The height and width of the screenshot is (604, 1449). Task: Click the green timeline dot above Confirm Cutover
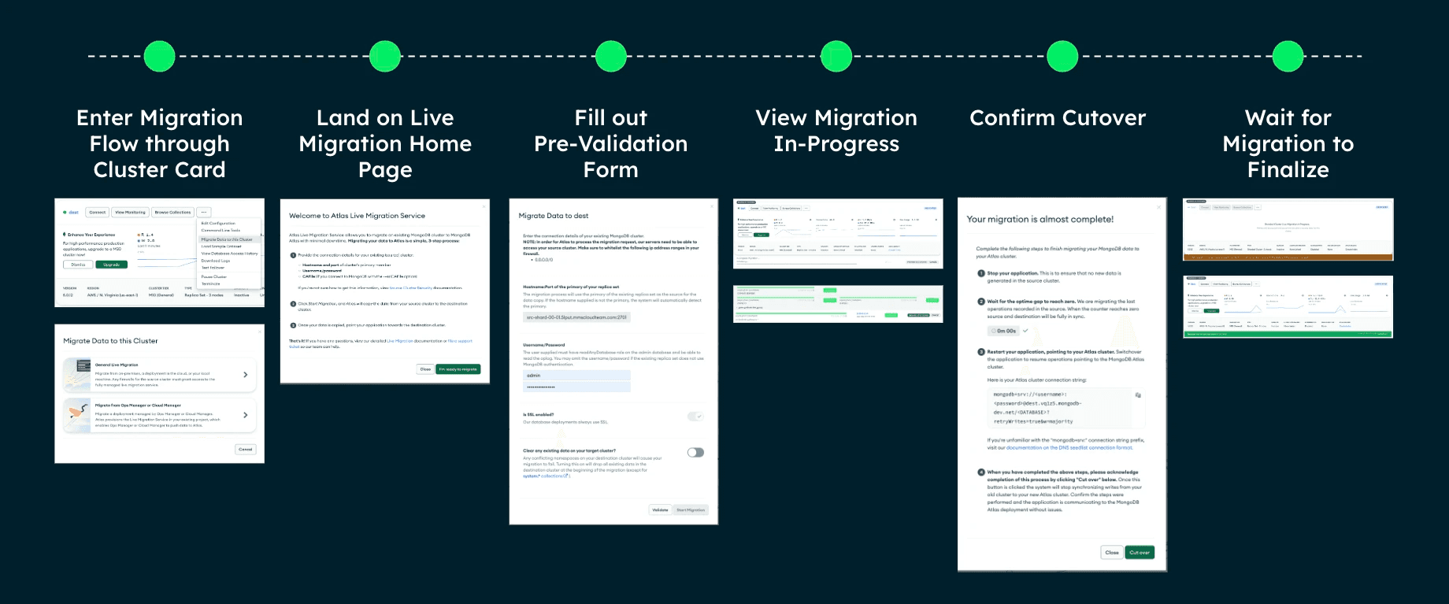click(1062, 57)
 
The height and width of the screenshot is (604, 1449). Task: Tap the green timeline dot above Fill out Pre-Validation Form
click(611, 57)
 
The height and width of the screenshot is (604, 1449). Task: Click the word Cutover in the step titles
click(1105, 118)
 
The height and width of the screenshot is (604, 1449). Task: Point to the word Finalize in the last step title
click(1288, 170)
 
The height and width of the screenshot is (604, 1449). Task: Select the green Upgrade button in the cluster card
click(111, 265)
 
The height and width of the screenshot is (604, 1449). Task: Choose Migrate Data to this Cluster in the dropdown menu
click(227, 239)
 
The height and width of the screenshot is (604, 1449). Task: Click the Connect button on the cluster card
click(98, 213)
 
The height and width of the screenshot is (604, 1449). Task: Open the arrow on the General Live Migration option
click(246, 375)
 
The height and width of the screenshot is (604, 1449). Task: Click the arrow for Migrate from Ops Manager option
click(246, 415)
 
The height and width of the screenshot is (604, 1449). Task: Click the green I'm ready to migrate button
click(458, 369)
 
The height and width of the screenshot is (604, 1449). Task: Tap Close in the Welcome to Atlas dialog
click(425, 369)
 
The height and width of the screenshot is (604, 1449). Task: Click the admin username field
click(576, 376)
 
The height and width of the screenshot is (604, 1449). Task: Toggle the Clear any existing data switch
click(695, 453)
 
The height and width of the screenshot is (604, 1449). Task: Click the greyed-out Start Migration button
click(691, 510)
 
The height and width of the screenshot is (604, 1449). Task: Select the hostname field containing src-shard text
click(576, 317)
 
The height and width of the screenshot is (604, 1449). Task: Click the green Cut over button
click(1140, 553)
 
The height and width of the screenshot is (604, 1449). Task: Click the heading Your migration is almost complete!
click(1039, 220)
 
